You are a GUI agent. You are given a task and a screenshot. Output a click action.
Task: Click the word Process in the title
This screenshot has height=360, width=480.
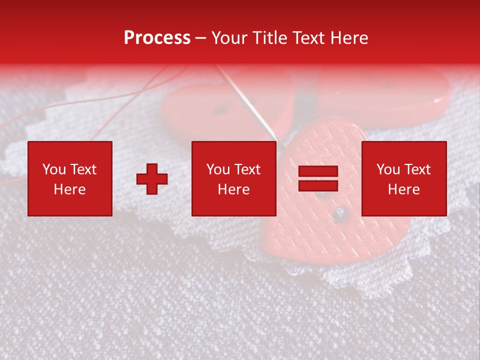click(157, 38)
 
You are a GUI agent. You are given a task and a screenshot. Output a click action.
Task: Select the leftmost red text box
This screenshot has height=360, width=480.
click(70, 178)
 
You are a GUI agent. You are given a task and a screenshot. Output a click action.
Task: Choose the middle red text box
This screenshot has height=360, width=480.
click(234, 178)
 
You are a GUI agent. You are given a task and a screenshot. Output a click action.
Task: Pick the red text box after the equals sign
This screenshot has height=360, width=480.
click(403, 178)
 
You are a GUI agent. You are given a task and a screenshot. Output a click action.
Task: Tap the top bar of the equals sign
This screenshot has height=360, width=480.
click(318, 171)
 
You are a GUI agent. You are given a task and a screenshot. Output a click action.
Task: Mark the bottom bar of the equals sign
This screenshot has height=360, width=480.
click(318, 185)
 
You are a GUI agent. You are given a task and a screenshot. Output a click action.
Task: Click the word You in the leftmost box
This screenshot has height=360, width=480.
click(54, 169)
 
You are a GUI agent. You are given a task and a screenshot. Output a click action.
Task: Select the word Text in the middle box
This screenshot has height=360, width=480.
click(247, 169)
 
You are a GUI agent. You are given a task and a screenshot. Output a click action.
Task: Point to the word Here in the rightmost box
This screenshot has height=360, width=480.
click(403, 189)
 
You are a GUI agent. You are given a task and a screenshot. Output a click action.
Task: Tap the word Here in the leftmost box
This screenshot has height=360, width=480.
click(70, 189)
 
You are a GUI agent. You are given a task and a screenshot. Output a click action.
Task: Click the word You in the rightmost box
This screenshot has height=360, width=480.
click(388, 169)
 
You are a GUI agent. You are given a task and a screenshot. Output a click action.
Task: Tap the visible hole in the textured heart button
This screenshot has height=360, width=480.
click(340, 214)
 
